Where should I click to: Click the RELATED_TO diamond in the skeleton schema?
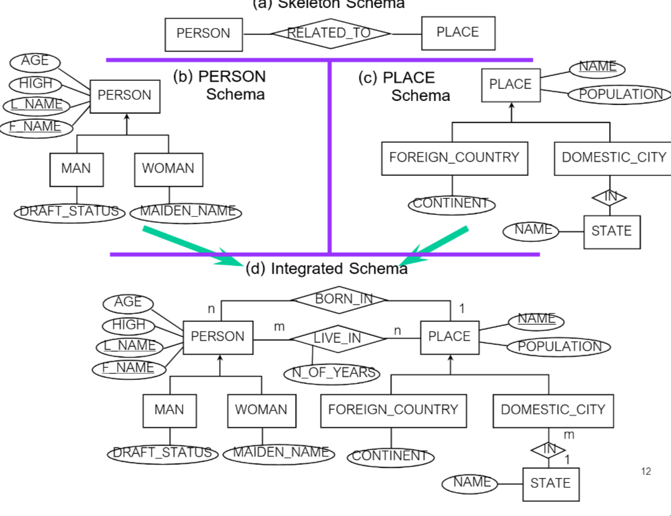tap(330, 33)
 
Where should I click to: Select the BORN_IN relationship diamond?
tap(340, 298)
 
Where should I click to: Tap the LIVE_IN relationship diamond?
tap(338, 338)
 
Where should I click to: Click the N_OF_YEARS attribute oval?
tap(331, 373)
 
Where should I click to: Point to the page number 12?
tap(646, 472)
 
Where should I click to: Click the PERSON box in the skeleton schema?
tap(203, 33)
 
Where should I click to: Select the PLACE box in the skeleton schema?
tap(458, 32)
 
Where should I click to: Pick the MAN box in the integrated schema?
tap(169, 410)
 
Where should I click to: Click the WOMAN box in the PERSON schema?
tap(168, 168)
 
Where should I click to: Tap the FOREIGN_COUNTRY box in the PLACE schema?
tap(454, 158)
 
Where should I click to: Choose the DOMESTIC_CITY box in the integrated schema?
tap(553, 410)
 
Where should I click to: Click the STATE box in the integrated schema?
tap(550, 483)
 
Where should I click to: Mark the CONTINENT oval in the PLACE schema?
tap(451, 203)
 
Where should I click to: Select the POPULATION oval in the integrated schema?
tap(559, 347)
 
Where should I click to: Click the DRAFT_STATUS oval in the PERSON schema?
tap(70, 211)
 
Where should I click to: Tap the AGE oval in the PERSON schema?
tap(34, 61)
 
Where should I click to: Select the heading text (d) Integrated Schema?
tap(326, 269)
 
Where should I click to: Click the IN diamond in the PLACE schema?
tap(610, 197)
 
